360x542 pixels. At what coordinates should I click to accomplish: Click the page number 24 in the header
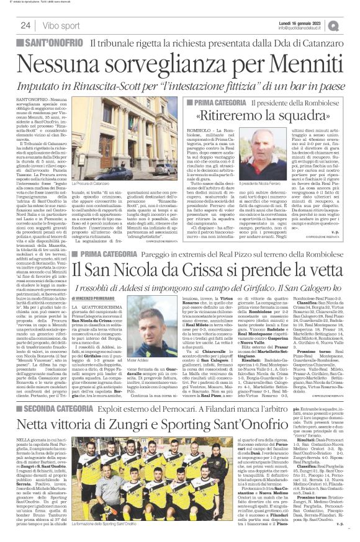25,25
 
